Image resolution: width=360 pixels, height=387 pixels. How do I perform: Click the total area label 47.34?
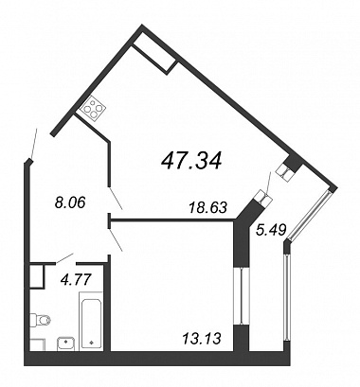[x=191, y=161]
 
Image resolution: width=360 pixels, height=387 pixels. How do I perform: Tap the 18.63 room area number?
[x=207, y=207]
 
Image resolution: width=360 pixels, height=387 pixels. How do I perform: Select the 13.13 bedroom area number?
[x=201, y=339]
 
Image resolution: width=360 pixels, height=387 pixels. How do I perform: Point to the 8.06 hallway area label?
[x=70, y=202]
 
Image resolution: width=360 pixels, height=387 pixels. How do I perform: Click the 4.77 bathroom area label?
[x=76, y=279]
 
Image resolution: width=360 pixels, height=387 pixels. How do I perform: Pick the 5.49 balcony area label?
[x=271, y=229]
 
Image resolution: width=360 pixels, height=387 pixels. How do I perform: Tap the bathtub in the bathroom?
[x=91, y=320]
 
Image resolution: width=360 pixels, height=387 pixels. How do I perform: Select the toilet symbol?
[x=40, y=321]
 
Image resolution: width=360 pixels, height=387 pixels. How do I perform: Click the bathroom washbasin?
[x=65, y=343]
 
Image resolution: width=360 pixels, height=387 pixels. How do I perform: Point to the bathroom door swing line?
[x=64, y=257]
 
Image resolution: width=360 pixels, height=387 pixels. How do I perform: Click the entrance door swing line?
[x=34, y=144]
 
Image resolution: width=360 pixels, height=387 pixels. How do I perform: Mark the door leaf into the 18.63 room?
[x=116, y=199]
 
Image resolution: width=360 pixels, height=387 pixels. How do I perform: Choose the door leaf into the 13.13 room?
[x=116, y=240]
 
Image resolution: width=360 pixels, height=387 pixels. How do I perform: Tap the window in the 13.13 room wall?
[x=241, y=295]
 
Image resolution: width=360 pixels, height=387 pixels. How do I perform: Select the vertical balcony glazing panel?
[x=287, y=297]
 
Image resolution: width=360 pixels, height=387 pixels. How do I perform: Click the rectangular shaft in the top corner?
[x=154, y=59]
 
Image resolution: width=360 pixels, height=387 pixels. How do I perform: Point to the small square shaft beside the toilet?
[x=36, y=275]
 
